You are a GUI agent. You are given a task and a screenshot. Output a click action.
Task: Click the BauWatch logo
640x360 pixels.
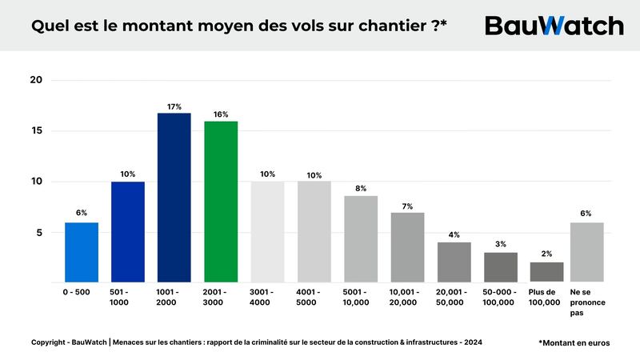click(554, 25)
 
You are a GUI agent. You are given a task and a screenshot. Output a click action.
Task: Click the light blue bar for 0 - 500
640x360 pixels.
click(81, 252)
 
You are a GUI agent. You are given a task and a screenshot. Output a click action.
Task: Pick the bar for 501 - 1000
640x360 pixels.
click(128, 232)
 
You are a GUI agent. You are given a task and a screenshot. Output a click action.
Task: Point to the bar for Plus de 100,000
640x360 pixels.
click(546, 272)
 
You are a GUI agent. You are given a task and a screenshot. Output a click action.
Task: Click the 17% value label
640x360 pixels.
click(174, 106)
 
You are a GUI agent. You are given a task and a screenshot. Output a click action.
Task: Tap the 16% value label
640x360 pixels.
click(221, 114)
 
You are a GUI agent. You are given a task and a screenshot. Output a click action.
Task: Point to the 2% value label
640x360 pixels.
click(546, 254)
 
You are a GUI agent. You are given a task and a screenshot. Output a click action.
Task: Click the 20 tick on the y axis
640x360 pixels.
click(36, 80)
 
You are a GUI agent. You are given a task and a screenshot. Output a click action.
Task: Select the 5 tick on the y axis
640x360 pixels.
click(38, 233)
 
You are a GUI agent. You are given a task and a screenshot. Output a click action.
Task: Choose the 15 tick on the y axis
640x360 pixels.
click(36, 131)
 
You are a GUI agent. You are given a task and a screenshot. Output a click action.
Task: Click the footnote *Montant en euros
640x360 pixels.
click(574, 342)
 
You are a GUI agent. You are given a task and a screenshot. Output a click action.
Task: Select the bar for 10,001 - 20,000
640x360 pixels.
click(407, 247)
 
